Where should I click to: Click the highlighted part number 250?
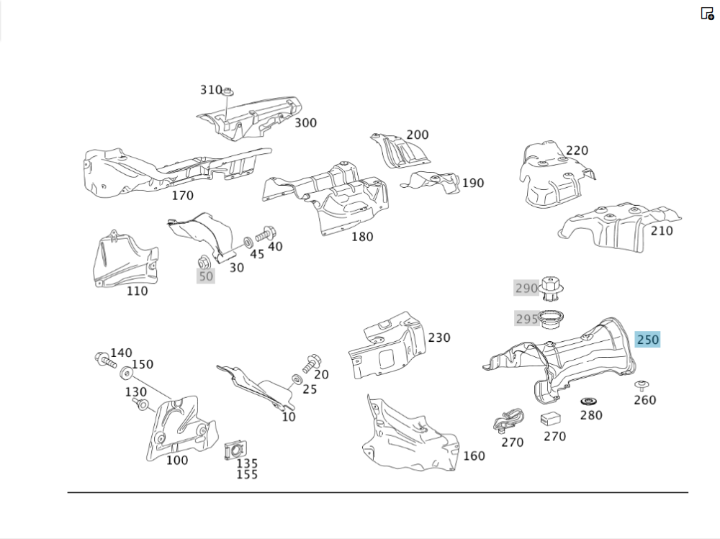point(647,339)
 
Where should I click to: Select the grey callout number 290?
point(526,289)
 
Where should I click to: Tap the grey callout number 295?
point(526,319)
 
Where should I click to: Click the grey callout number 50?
point(206,276)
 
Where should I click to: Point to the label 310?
point(211,90)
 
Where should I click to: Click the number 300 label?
point(305,123)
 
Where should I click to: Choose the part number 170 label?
point(182,195)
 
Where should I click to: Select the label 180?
point(362,237)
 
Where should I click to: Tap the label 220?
point(577,150)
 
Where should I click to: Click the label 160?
point(474,456)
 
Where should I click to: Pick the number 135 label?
point(247,463)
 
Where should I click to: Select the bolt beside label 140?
point(103,358)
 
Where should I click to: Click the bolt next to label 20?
point(312,363)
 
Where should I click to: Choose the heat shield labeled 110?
point(125,259)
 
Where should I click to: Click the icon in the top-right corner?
point(707,13)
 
